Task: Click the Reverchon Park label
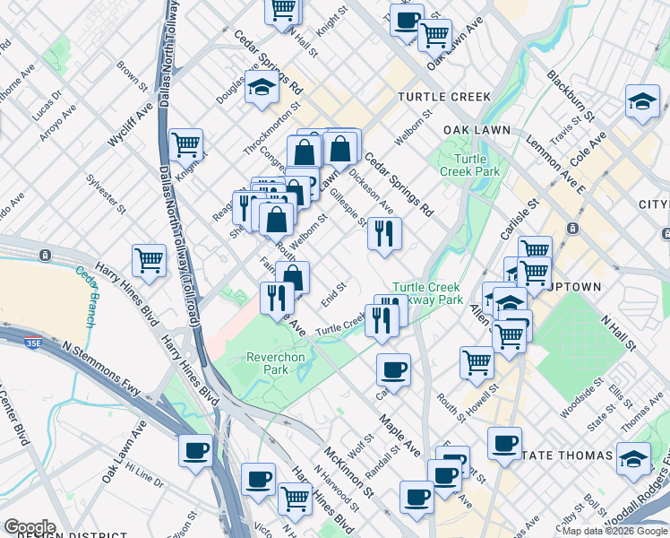276,363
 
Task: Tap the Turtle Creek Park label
463,165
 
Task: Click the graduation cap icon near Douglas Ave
262,88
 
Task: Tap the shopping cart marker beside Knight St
185,143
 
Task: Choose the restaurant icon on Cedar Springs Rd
384,233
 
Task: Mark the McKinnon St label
348,472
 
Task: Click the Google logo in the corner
30,527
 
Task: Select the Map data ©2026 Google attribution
614,531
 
